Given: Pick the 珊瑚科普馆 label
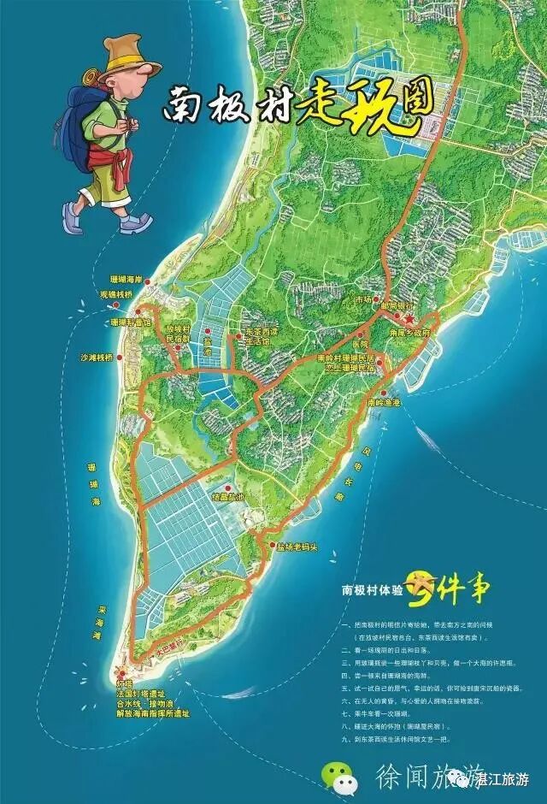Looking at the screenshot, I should click(x=132, y=322).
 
